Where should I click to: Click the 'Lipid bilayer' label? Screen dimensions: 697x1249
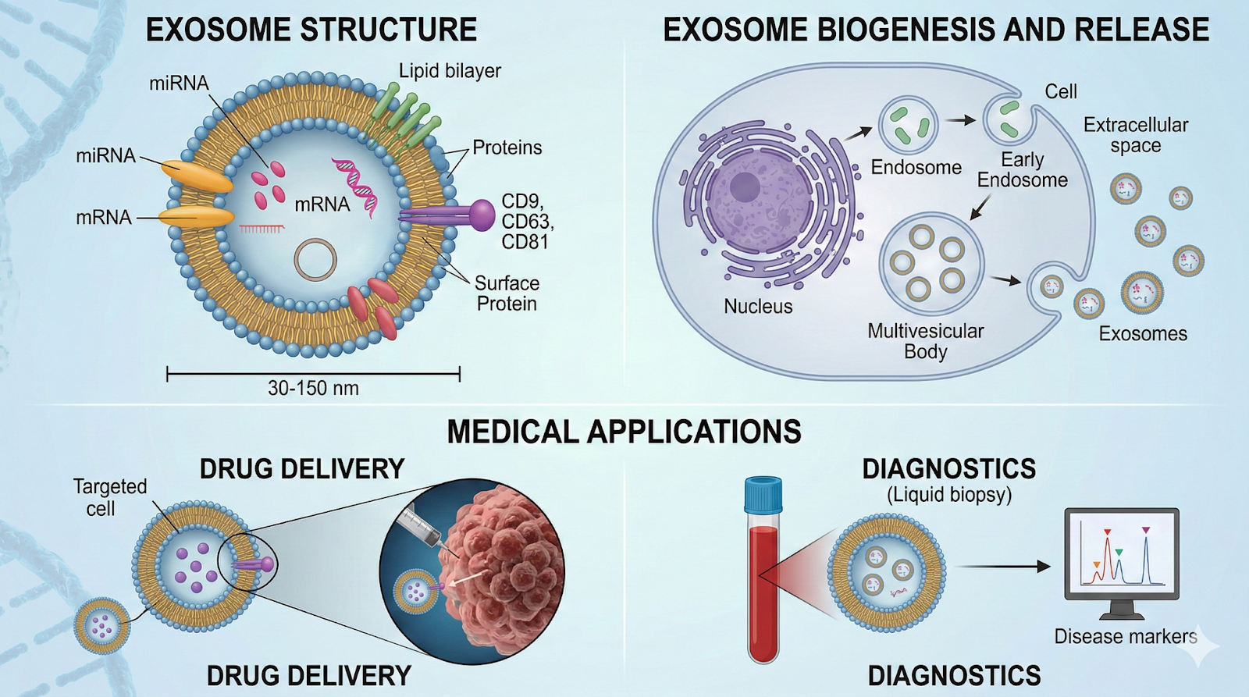coord(450,71)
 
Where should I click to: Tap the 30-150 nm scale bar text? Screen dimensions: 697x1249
coord(313,388)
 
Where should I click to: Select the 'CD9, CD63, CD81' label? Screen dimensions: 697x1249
coord(527,222)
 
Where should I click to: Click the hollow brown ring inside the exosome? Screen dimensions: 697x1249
coord(315,260)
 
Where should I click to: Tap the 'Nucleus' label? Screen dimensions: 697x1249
coord(757,307)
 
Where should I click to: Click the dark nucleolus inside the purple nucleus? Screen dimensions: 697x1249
coord(744,187)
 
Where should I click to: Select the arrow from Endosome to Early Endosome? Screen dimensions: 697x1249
coord(960,120)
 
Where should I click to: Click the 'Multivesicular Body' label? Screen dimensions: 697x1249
coord(925,341)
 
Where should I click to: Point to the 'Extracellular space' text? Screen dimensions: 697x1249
coord(1135,135)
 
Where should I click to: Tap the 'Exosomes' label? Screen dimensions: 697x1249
coord(1142,334)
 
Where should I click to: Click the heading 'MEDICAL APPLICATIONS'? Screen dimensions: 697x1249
coord(624,432)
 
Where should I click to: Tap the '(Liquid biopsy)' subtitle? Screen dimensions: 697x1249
coord(948,495)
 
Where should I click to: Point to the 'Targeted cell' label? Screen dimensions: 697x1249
coord(109,497)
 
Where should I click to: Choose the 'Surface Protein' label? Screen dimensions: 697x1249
coord(507,293)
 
